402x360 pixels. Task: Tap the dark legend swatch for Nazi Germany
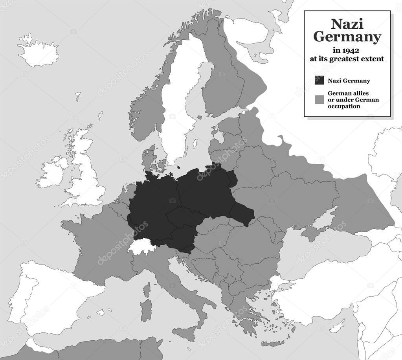(x=319, y=80)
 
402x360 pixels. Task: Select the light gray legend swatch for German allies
(x=319, y=100)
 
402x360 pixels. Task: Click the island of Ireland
(x=51, y=173)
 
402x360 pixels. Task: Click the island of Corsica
(x=147, y=290)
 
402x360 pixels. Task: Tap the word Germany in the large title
(x=347, y=37)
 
